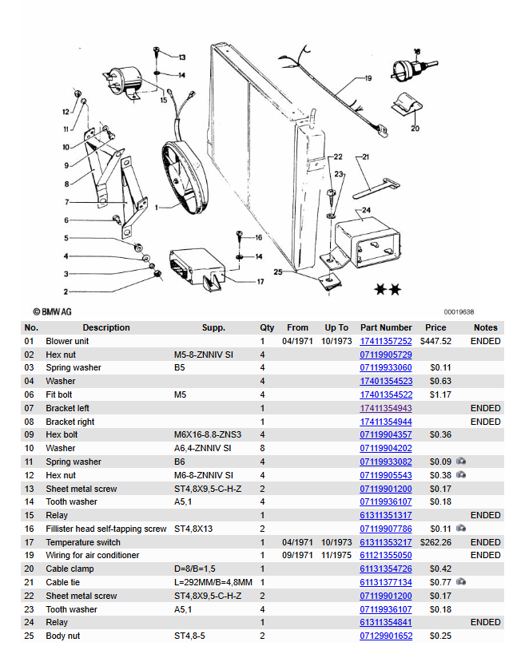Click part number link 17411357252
pos(386,341)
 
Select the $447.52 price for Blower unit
pos(435,341)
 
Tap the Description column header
pos(105,327)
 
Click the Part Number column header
pos(386,327)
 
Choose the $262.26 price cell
pos(435,542)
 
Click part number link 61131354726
pos(386,569)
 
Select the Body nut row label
pos(67,636)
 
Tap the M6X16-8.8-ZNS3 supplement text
pos(208,434)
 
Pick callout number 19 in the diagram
pos(368,79)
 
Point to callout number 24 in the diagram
pos(366,211)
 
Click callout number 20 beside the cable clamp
pos(415,128)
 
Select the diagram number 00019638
pos(459,312)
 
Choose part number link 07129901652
pos(386,636)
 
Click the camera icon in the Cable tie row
pos(462,582)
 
